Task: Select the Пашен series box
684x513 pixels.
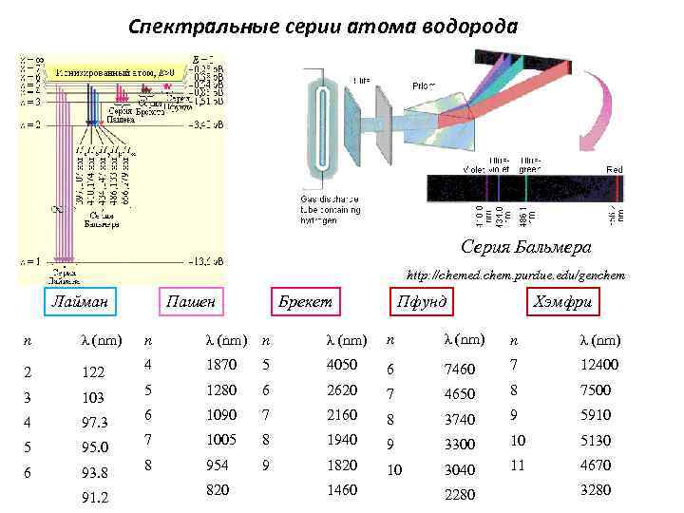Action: point(191,302)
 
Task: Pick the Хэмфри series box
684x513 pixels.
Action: point(564,302)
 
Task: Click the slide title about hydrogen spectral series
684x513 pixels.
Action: point(323,27)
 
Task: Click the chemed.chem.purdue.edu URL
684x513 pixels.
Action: point(516,275)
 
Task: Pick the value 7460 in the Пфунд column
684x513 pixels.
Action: point(460,367)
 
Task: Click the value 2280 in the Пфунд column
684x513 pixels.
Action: point(460,493)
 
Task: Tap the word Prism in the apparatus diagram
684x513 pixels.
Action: point(423,85)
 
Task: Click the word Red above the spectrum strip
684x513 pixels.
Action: point(615,168)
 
